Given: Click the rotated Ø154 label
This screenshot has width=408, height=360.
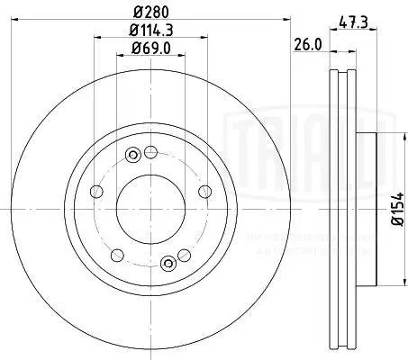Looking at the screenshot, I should pos(397,212).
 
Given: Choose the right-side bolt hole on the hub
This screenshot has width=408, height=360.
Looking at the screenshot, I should pos(206,191).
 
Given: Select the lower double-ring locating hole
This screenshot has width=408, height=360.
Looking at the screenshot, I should pos(167,263).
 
